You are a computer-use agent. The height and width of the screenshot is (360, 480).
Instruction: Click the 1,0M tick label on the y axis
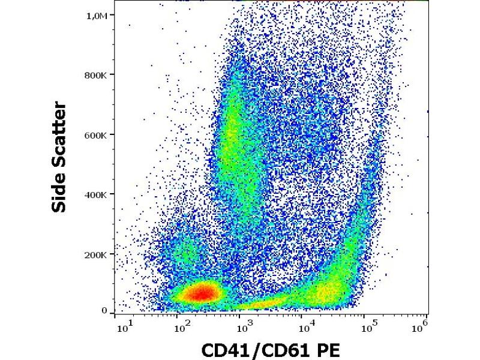point(97,16)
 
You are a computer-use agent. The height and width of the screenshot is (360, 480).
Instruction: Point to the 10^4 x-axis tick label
point(306,328)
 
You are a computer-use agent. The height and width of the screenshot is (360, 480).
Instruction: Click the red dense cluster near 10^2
point(201,293)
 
